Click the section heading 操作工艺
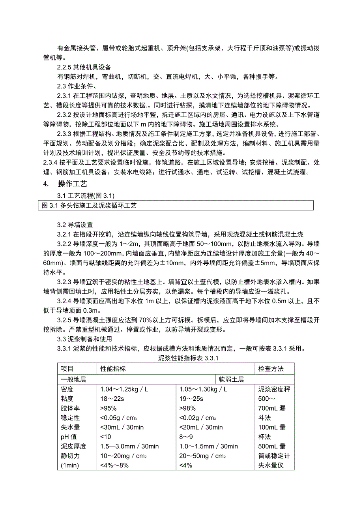point(72,184)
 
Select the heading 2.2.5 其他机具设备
point(84,67)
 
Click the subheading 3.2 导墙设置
point(75,225)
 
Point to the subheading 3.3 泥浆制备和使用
point(84,339)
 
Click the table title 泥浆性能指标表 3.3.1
point(188,358)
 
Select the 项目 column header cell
point(67,369)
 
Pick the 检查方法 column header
point(271,369)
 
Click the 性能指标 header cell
point(113,369)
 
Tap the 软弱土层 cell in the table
point(232,379)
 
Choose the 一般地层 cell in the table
point(74,379)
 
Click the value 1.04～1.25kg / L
point(124,390)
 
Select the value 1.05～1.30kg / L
point(203,390)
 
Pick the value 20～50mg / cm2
point(202,456)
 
